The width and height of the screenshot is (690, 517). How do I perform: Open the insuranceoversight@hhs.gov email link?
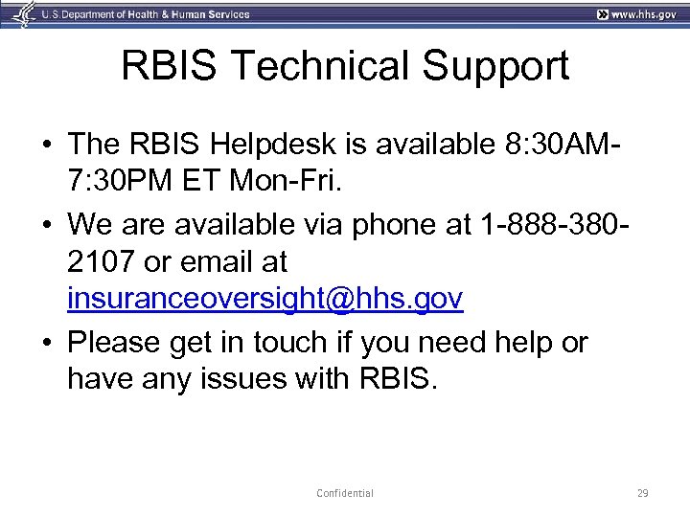click(x=265, y=300)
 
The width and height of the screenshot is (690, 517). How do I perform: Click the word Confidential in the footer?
click(x=345, y=493)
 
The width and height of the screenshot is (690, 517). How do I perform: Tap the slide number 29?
click(x=642, y=493)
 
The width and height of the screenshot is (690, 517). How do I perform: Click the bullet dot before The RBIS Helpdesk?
click(x=46, y=146)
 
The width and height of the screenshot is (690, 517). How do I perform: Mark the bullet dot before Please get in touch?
click(x=46, y=343)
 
